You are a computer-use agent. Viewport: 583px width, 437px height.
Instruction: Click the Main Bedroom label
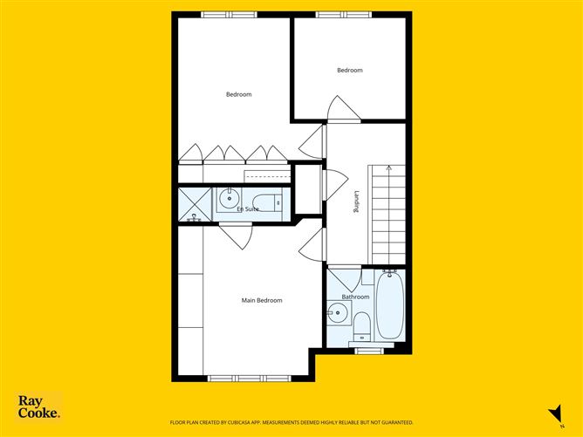262,301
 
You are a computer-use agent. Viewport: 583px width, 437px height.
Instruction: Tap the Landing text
356,202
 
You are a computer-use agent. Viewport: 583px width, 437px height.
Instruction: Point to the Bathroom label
355,297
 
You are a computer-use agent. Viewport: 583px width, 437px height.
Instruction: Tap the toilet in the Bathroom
362,327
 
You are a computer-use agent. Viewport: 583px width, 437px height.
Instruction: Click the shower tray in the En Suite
194,204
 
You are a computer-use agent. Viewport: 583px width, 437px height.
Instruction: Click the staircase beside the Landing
388,214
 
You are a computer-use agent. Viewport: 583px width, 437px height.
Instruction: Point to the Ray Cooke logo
39,407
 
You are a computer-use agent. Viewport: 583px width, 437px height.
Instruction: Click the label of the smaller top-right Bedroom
350,71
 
